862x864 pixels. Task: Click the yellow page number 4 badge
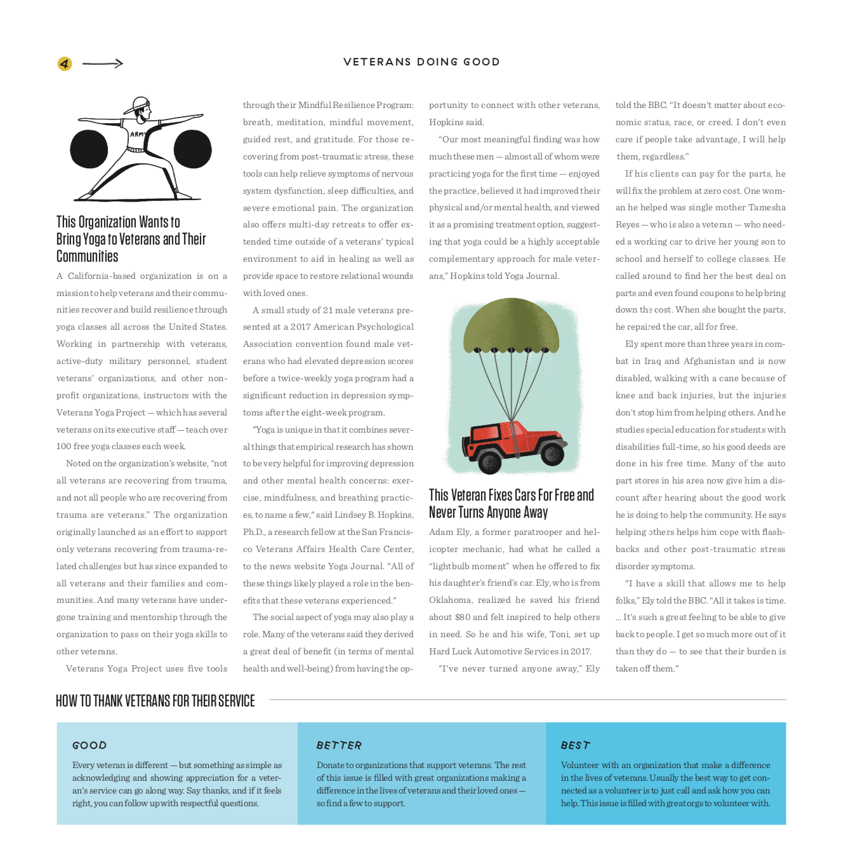coord(65,64)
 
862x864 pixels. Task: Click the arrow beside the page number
coord(103,64)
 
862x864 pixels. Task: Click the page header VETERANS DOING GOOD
coord(421,62)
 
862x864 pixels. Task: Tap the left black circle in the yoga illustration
coord(89,149)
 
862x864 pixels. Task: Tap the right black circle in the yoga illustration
coord(192,149)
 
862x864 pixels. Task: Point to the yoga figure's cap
coord(138,105)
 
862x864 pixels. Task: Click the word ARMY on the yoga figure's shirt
coord(137,135)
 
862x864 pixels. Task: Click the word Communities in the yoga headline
coord(88,257)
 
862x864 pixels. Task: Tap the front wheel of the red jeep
coord(489,459)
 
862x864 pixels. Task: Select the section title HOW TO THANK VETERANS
coord(156,701)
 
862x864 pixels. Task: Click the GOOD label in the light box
coord(90,745)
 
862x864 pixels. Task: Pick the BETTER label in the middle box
coord(339,745)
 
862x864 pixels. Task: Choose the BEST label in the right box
coord(576,745)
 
